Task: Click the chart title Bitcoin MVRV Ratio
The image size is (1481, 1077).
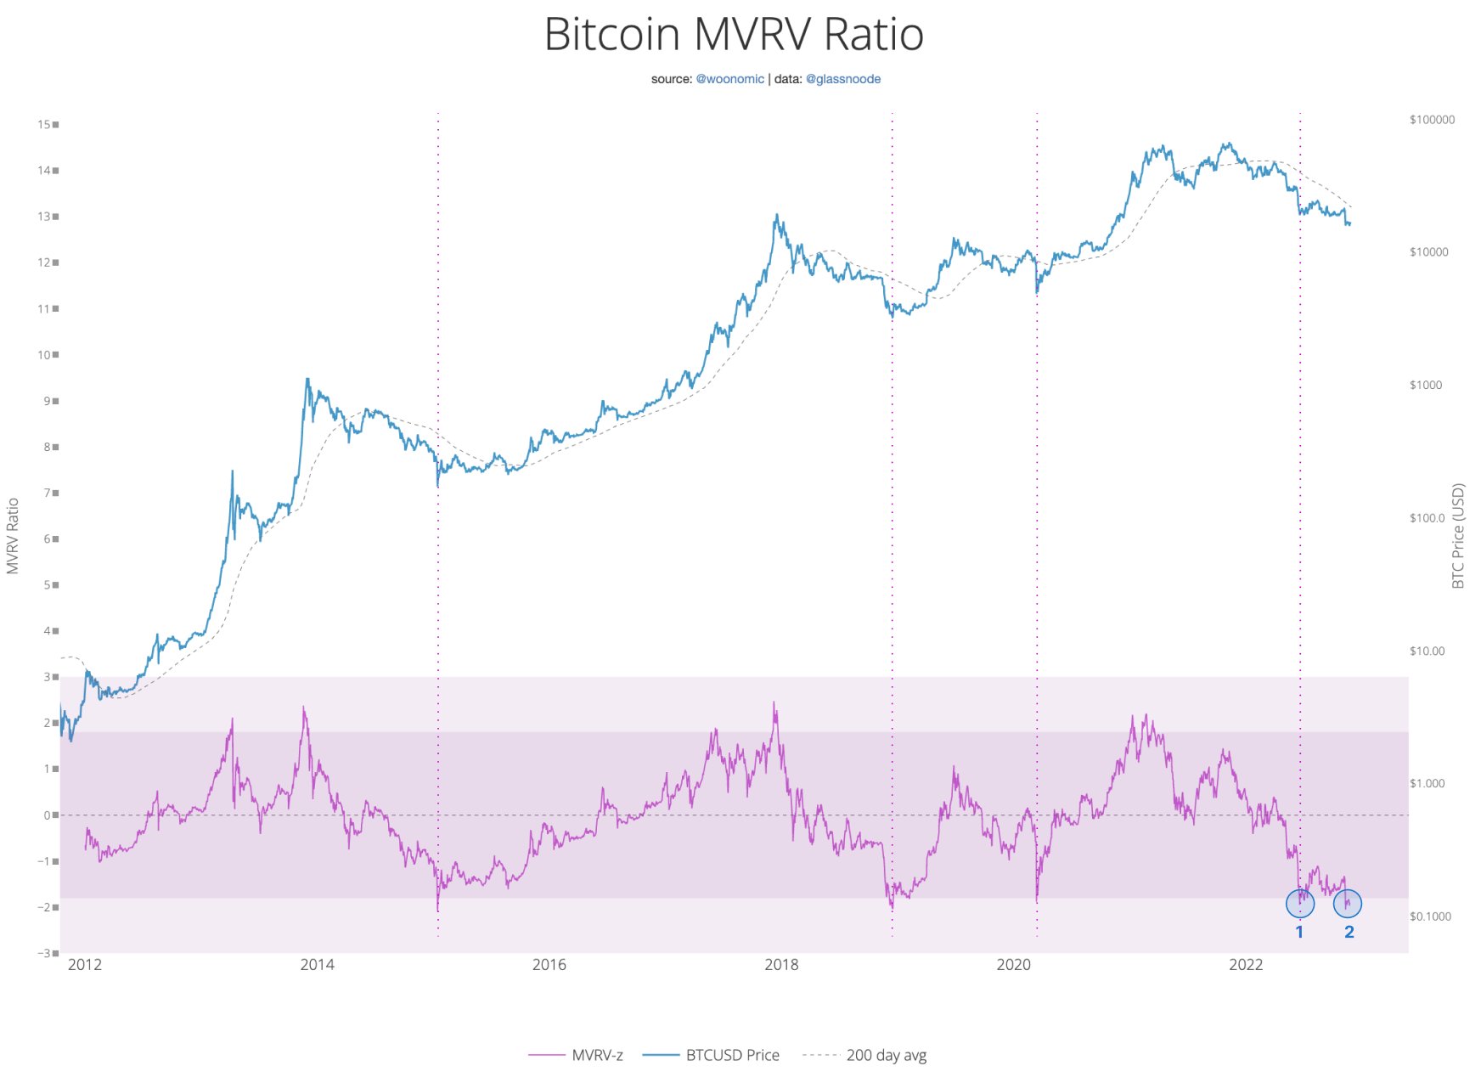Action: coord(733,35)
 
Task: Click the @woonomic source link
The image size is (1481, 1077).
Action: coord(729,79)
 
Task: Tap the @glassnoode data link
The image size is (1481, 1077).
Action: coord(842,79)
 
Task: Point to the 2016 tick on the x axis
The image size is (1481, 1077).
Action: coord(549,965)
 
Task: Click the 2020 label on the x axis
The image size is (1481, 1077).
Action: coord(1013,965)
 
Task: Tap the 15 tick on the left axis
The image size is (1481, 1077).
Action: coord(44,124)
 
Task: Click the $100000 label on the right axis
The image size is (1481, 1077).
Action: coord(1432,120)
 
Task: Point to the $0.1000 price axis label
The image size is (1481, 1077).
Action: coord(1430,916)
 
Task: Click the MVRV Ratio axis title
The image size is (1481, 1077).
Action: coord(13,536)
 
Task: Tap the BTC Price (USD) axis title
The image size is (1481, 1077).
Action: coord(1458,536)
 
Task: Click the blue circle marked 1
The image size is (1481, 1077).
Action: coord(1300,903)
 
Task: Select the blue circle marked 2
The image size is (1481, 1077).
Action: coord(1348,903)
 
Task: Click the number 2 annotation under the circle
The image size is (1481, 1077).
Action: coord(1349,932)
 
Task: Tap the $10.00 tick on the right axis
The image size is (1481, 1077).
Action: coord(1427,651)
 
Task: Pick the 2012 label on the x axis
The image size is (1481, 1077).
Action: coord(84,965)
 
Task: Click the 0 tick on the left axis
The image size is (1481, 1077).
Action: coord(47,815)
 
